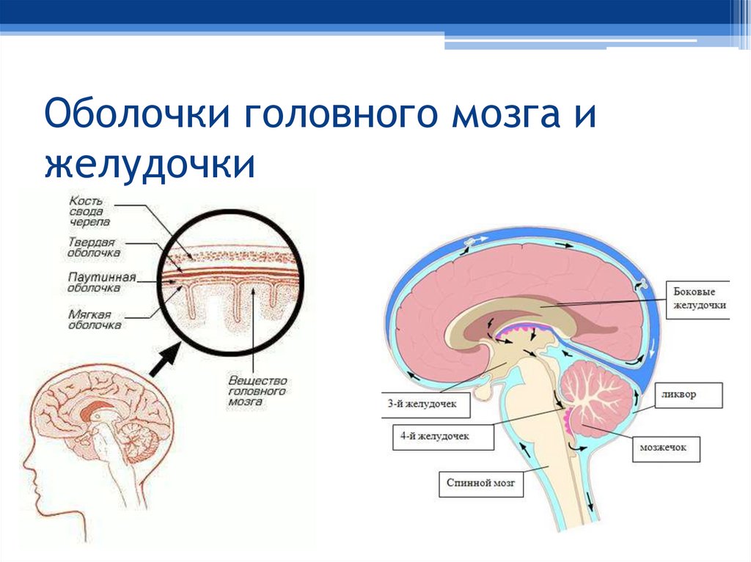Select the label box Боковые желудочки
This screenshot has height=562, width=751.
pos(699,297)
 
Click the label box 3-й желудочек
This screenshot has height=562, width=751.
pos(412,404)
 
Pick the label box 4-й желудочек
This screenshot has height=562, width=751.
pos(441,437)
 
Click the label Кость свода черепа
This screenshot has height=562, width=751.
pos(89,210)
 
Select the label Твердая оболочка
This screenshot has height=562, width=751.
pos(94,248)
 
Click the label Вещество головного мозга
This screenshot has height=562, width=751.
pos(256,392)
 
